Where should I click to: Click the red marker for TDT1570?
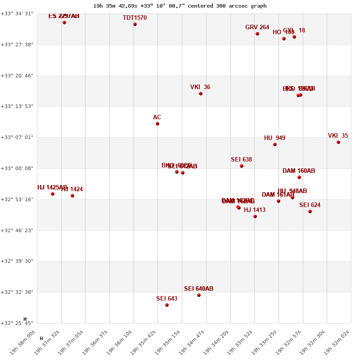135,24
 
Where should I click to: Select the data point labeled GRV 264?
257,34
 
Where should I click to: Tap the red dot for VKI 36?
201,94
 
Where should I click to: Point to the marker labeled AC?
157,124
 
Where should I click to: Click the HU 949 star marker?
275,144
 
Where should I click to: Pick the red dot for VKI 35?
338,142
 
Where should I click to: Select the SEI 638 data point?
242,166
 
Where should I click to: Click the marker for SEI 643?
167,305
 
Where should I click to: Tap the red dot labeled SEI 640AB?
199,295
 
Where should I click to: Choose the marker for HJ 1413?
255,216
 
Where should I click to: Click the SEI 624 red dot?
310,211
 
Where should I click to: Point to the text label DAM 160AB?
299,171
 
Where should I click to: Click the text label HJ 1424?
72,189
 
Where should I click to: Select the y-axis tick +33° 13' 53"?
17,106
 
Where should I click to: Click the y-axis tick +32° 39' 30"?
17,261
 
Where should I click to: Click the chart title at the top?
180,6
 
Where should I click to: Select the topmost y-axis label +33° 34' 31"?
17,13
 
